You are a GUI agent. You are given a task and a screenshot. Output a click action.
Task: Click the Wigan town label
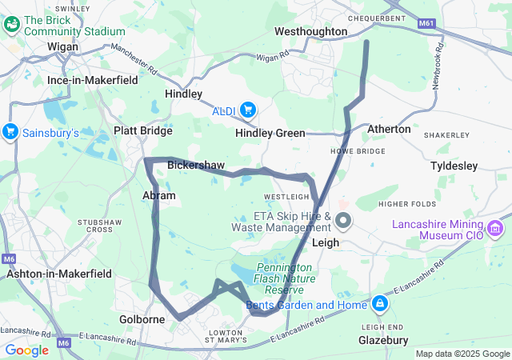coord(62,46)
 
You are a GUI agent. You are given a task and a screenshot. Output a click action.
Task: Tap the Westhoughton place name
coord(310,31)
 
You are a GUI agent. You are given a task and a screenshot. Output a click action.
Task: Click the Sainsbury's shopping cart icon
coord(11,131)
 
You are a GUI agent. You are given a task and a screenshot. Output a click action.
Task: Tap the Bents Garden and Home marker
coord(379,304)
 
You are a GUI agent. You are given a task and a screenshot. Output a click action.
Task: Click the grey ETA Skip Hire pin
coord(343,220)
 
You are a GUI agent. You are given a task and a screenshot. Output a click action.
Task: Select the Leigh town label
coord(326,242)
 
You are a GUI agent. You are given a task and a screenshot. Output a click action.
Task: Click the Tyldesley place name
coord(454,166)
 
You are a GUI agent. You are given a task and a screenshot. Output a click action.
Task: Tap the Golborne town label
coord(142,319)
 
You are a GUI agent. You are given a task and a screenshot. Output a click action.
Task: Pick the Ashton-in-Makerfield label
coord(59,273)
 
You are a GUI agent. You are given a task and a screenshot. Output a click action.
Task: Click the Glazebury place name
coord(378,340)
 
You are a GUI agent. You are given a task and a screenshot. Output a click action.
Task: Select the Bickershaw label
coord(196,165)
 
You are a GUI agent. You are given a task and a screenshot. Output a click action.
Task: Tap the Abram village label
coord(158,195)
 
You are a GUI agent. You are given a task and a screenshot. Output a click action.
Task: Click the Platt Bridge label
coord(143,130)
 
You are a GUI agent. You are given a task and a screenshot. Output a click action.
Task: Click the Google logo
coord(27,350)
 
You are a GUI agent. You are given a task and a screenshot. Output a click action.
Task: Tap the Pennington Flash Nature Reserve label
coord(286,278)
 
